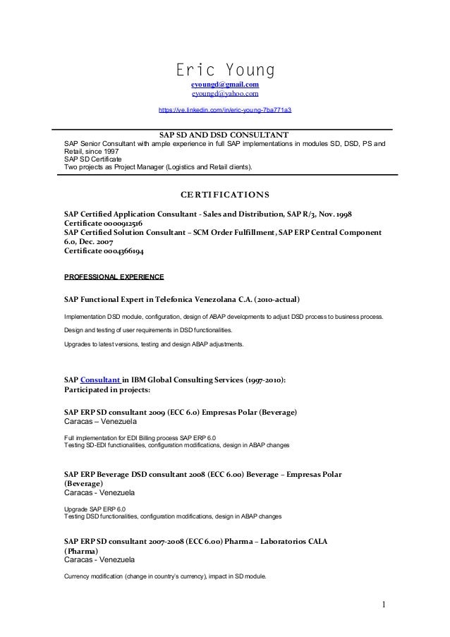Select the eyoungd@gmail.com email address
click(224, 85)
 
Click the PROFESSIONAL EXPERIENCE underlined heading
click(114, 277)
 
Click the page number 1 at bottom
click(384, 605)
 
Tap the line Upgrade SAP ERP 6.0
click(95, 509)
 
